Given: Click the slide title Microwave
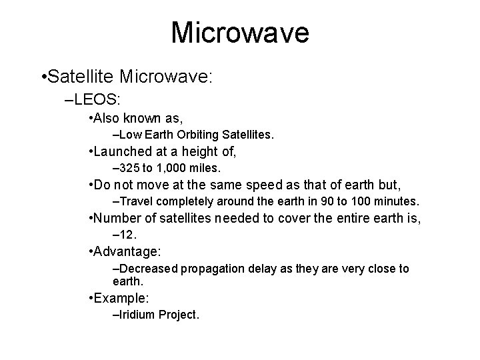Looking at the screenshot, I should [240, 33].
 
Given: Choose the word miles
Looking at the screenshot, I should [205, 167].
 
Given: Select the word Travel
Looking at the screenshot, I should [135, 200].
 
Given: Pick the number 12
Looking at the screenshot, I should [128, 235].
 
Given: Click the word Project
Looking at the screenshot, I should [179, 314].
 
